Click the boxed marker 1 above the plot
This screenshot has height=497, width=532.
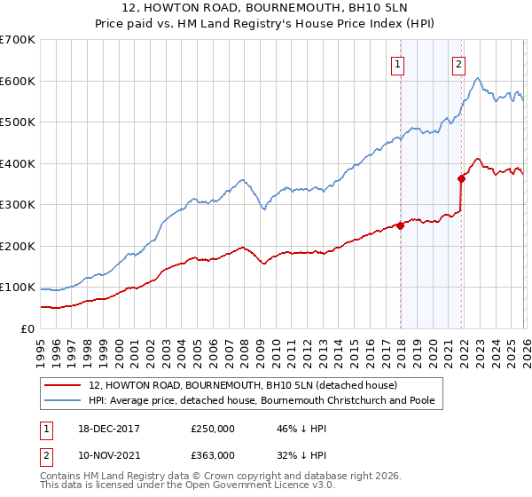tap(398, 63)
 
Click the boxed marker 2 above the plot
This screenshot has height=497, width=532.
tap(458, 63)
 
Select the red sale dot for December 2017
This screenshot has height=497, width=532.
tap(400, 225)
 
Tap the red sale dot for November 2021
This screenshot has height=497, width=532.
tap(462, 178)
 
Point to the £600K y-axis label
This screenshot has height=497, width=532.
tap(18, 81)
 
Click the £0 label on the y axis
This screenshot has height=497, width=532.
tap(28, 328)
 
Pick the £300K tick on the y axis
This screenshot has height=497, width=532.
tap(18, 205)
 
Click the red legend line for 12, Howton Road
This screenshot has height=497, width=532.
tap(62, 386)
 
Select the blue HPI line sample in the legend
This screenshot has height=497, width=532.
tap(62, 401)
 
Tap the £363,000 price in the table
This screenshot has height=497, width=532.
tap(213, 454)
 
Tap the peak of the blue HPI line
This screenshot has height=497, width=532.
tap(478, 79)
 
